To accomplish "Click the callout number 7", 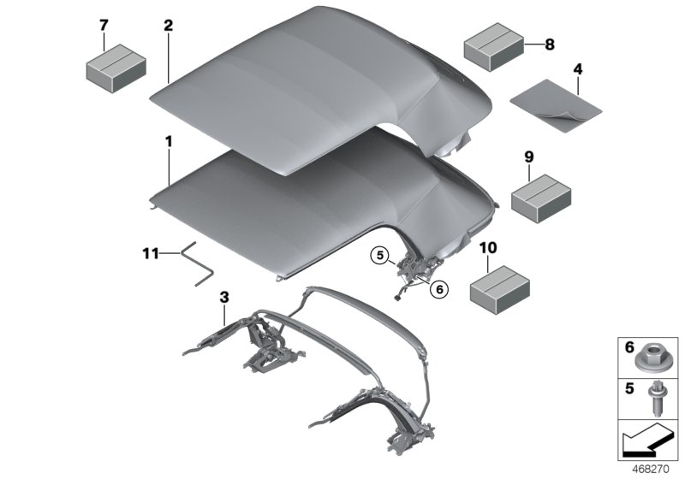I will coord(104,25).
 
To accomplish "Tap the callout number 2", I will coord(169,25).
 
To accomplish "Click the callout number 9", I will coord(528,157).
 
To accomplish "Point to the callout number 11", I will coord(151,253).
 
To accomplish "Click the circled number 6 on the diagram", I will coord(439,290).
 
